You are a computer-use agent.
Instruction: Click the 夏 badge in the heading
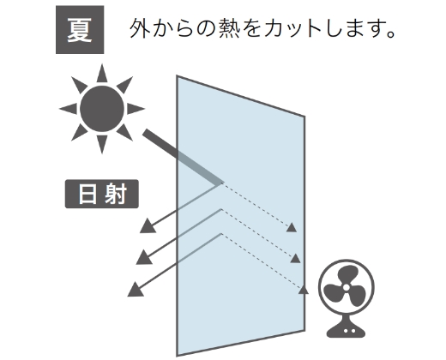coord(80,30)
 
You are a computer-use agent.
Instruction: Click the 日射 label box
coord(102,194)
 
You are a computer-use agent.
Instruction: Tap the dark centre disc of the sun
coord(102,109)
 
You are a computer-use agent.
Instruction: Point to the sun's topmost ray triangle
coord(102,74)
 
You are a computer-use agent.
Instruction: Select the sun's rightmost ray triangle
coord(135,109)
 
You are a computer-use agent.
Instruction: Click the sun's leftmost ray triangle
coord(69,109)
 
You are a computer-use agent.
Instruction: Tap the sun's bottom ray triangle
coord(102,144)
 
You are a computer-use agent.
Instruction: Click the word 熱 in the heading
coord(229,28)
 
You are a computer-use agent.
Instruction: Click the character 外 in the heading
coord(140,28)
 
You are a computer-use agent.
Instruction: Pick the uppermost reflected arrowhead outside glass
coord(148,226)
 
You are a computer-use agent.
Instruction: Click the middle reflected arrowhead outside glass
coord(144,257)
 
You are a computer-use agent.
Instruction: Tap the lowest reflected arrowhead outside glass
coord(136,289)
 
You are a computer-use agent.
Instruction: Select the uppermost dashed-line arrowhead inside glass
coord(292,228)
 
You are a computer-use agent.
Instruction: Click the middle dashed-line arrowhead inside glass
coord(295,258)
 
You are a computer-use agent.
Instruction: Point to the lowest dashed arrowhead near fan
coord(304,290)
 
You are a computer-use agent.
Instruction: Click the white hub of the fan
coord(346,287)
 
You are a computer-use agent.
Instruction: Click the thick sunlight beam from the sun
coord(183,157)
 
